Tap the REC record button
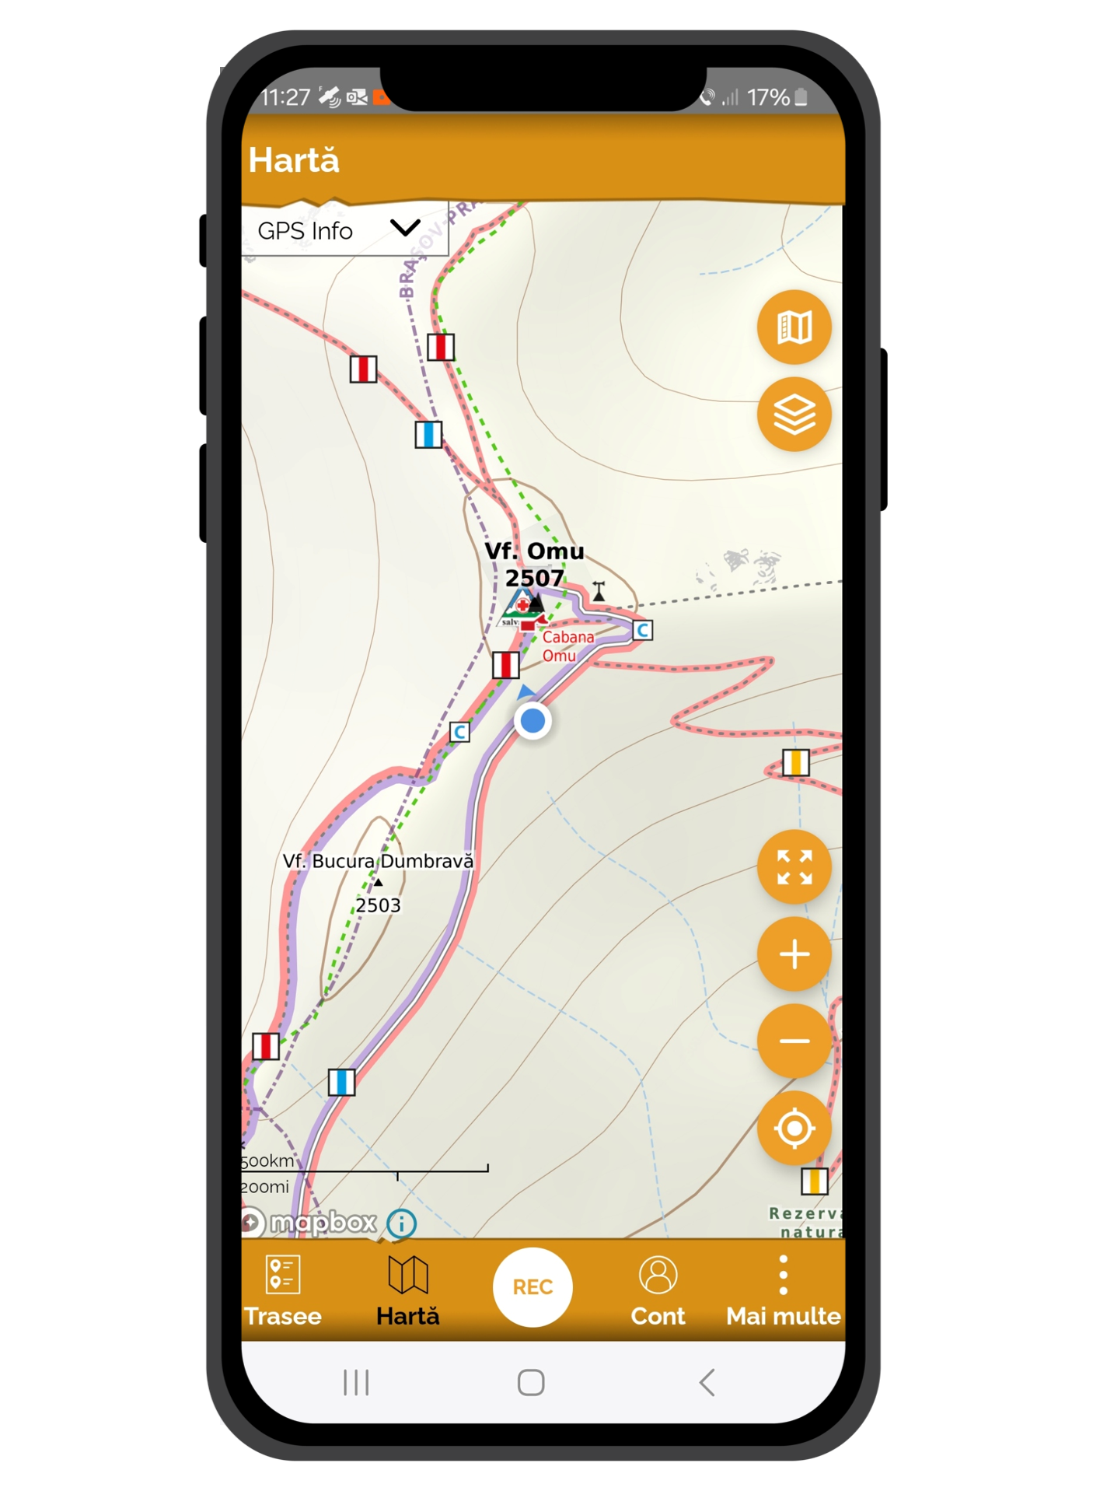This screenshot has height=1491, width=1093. coord(533,1287)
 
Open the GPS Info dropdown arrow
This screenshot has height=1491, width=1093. coord(405,228)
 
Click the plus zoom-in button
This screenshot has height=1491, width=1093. coord(794,954)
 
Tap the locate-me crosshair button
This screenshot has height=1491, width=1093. coord(794,1128)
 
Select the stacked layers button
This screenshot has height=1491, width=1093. coord(794,415)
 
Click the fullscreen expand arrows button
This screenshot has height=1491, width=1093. coord(794,867)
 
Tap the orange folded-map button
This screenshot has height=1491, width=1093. coord(794,327)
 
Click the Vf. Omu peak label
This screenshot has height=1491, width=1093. coord(534,551)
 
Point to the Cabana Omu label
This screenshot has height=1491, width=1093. coord(567,646)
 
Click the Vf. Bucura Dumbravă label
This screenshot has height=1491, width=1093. coord(378,861)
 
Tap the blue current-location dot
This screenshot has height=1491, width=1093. coord(533,721)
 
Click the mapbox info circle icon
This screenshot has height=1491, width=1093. coord(401,1223)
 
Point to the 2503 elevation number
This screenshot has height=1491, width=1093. coord(379,905)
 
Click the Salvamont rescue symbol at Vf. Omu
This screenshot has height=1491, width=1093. coord(519,607)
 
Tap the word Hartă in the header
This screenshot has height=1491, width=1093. coord(294,160)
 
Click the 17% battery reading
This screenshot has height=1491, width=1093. coord(768,97)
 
